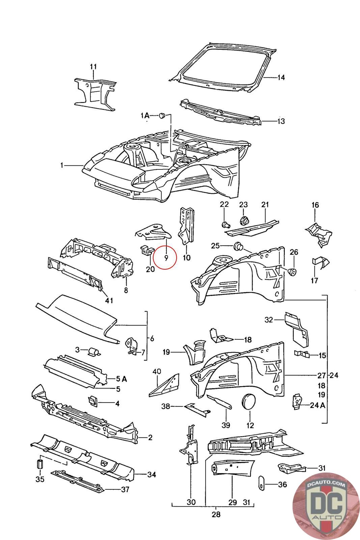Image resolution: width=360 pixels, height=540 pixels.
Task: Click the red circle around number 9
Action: click(164, 257)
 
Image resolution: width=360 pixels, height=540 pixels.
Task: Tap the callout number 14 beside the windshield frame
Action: click(281, 78)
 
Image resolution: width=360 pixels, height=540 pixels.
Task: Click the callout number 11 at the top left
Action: click(93, 66)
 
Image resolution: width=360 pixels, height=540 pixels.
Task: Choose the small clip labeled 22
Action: click(225, 224)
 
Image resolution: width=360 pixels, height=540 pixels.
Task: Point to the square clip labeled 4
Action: click(92, 401)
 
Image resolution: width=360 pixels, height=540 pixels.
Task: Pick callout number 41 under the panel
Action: click(109, 300)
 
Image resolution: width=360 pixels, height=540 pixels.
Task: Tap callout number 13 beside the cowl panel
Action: click(281, 121)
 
